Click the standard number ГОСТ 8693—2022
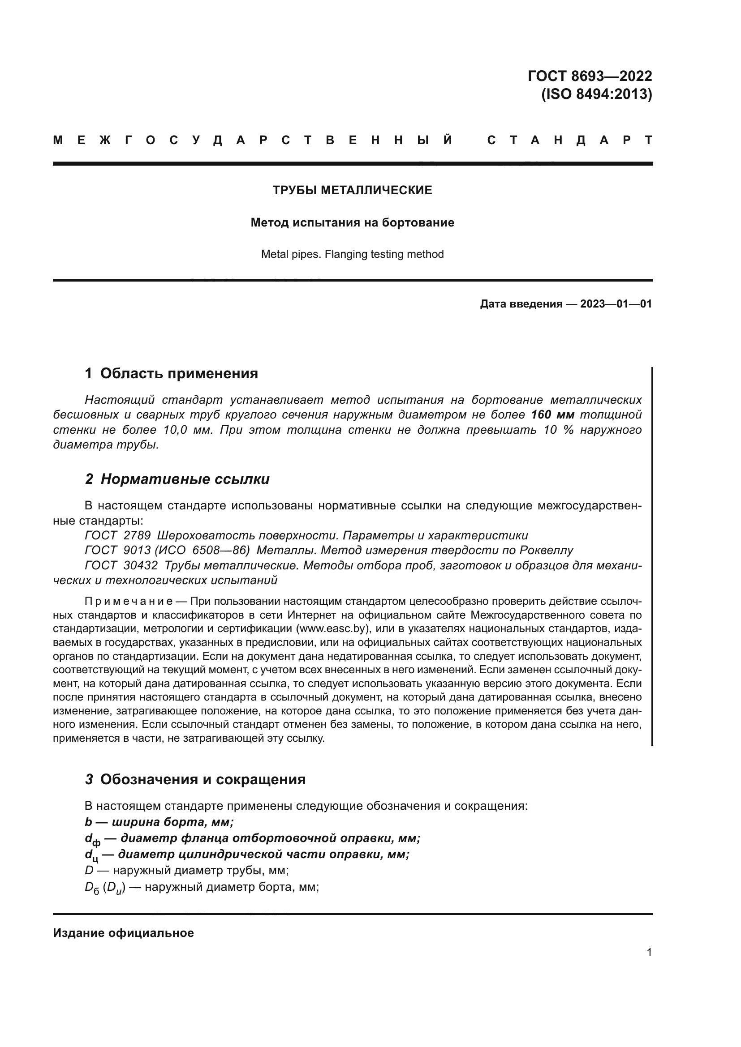590,76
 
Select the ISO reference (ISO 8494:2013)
596,94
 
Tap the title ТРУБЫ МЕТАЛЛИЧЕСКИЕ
352,190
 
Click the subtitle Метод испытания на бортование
352,222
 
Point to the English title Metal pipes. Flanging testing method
352,254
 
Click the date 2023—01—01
616,303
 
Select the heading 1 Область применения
172,373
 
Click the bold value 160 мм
552,415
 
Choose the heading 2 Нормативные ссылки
177,479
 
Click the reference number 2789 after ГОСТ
137,535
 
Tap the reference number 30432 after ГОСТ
140,565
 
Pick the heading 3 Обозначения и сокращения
195,779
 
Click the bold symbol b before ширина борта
89,822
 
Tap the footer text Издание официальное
123,933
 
